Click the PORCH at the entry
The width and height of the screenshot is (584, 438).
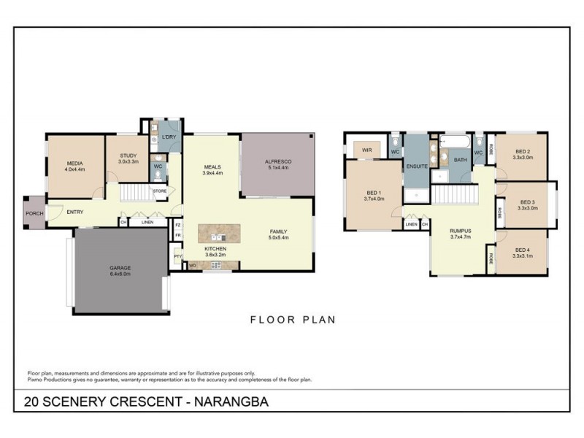click(34, 213)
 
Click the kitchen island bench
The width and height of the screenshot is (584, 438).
click(220, 233)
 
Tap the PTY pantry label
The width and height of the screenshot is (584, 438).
click(177, 256)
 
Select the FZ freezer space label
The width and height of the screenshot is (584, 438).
click(177, 226)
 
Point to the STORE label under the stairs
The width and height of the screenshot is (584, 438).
click(159, 191)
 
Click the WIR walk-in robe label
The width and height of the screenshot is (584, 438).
click(367, 151)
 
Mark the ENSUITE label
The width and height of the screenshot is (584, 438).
click(416, 166)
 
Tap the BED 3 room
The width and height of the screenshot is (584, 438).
click(526, 203)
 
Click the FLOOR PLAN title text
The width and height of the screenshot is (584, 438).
click(292, 319)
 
